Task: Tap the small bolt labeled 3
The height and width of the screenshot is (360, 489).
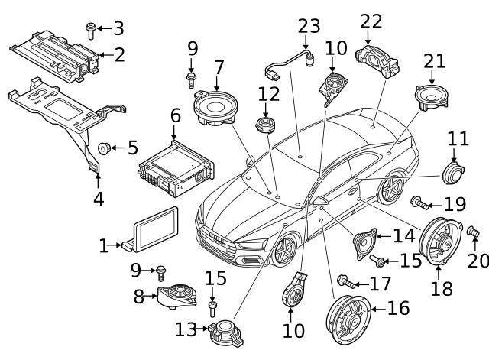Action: [90, 29]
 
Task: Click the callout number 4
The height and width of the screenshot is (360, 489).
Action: [98, 201]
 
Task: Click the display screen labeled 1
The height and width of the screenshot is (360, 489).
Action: [156, 229]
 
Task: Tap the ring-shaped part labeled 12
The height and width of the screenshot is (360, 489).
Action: [264, 125]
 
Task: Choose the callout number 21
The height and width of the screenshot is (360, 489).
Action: [434, 60]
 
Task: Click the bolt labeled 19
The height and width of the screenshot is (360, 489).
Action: [419, 203]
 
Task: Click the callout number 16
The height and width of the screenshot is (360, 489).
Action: [398, 308]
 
